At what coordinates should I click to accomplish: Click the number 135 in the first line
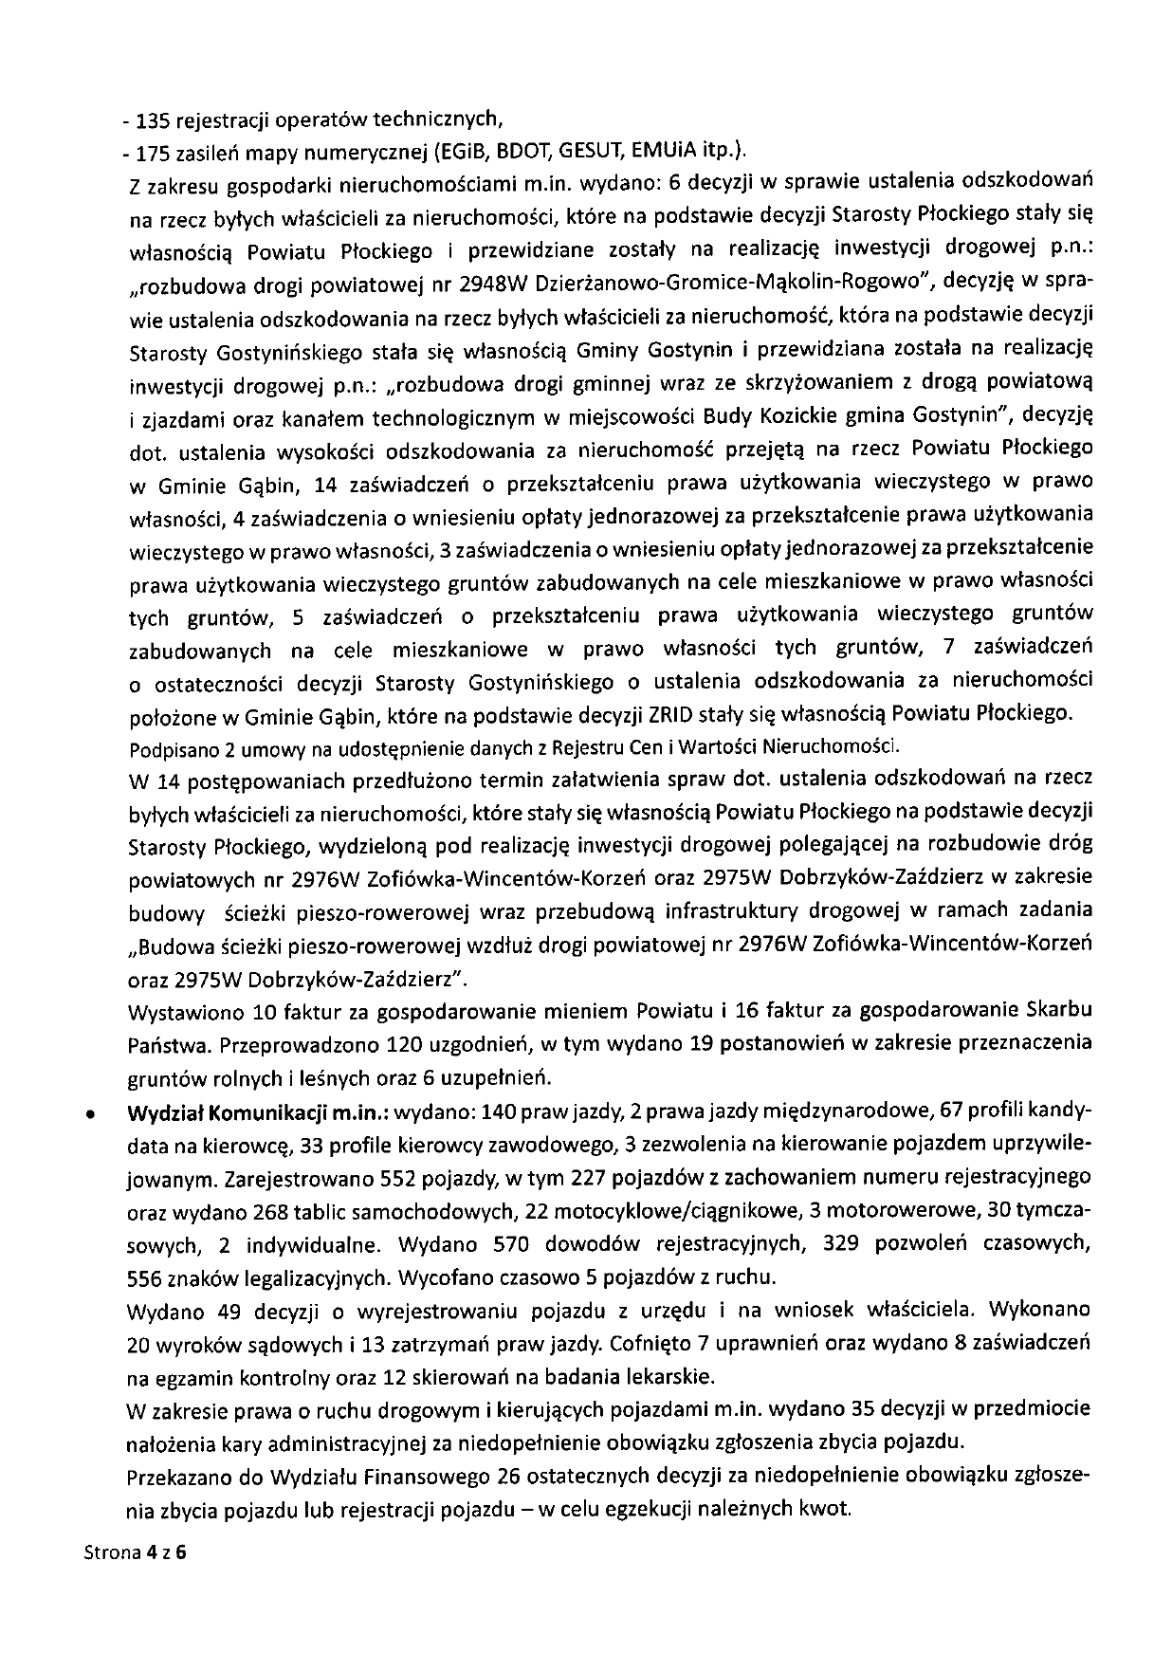153,120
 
